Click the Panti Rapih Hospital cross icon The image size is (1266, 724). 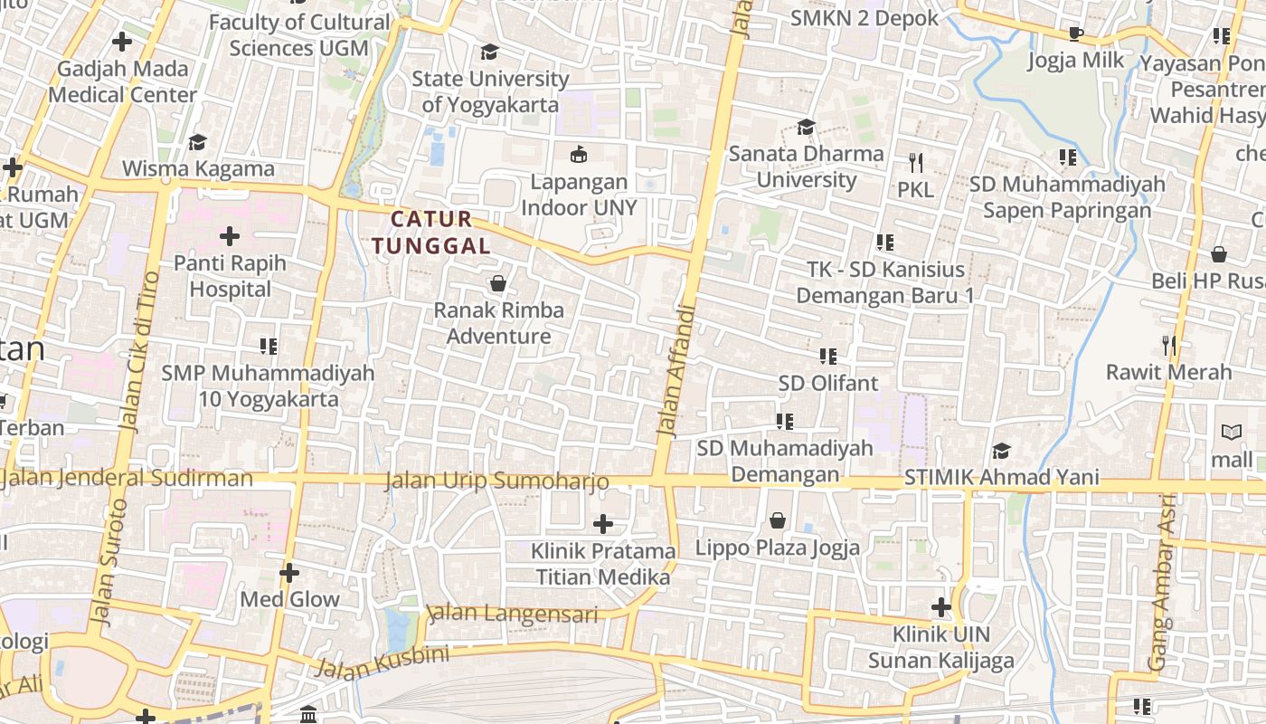coord(230,237)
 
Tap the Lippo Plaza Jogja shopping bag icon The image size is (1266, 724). coord(778,520)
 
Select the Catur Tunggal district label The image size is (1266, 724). coord(431,232)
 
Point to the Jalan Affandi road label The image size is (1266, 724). coord(676,371)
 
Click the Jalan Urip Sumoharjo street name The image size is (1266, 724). coord(496,481)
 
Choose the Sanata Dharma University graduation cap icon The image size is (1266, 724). coord(806,128)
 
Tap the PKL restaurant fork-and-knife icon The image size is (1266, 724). coord(916,163)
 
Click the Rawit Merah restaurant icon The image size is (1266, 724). coord(1169,345)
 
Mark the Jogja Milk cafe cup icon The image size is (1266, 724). coord(1075,34)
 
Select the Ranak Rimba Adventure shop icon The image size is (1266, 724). coord(497,284)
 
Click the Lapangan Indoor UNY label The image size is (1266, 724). coord(579,195)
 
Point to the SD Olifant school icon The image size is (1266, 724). coord(828,357)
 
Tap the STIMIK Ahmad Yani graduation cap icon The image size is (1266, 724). coord(1001,451)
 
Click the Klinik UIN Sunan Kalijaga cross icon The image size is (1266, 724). coord(941,607)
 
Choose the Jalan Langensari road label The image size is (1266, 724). coord(513,614)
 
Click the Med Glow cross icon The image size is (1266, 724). coord(289,573)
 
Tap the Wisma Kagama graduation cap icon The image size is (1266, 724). coord(197,142)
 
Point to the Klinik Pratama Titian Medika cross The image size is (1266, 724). coord(603,524)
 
